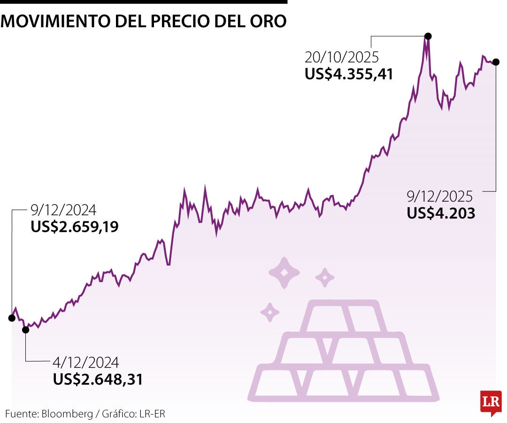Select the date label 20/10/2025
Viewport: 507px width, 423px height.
pyautogui.click(x=341, y=58)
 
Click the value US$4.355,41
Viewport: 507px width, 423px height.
pyautogui.click(x=348, y=74)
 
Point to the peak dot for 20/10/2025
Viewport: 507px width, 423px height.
pyautogui.click(x=428, y=36)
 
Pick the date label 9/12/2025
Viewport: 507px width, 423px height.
pyautogui.click(x=440, y=196)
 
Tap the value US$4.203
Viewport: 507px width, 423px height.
pyautogui.click(x=441, y=213)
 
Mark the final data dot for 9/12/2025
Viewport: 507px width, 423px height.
pyautogui.click(x=496, y=62)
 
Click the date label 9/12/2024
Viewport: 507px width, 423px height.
pyautogui.click(x=63, y=210)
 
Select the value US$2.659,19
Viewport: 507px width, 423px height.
pyautogui.click(x=75, y=227)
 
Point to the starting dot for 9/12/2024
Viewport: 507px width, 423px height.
pyautogui.click(x=12, y=318)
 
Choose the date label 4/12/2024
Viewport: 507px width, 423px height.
pyautogui.click(x=86, y=362)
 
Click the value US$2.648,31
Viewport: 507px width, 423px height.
pyautogui.click(x=98, y=379)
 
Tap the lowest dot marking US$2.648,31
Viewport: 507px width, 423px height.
pyautogui.click(x=25, y=330)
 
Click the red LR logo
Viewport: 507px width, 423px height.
pyautogui.click(x=491, y=402)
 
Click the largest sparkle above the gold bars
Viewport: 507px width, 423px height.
pyautogui.click(x=284, y=272)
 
